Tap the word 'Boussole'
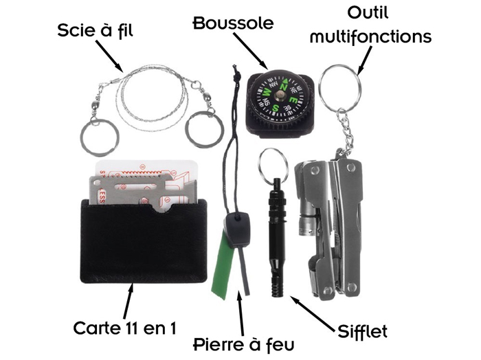pos(233,23)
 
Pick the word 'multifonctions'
pos(370,36)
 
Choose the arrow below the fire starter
pos(240,308)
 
